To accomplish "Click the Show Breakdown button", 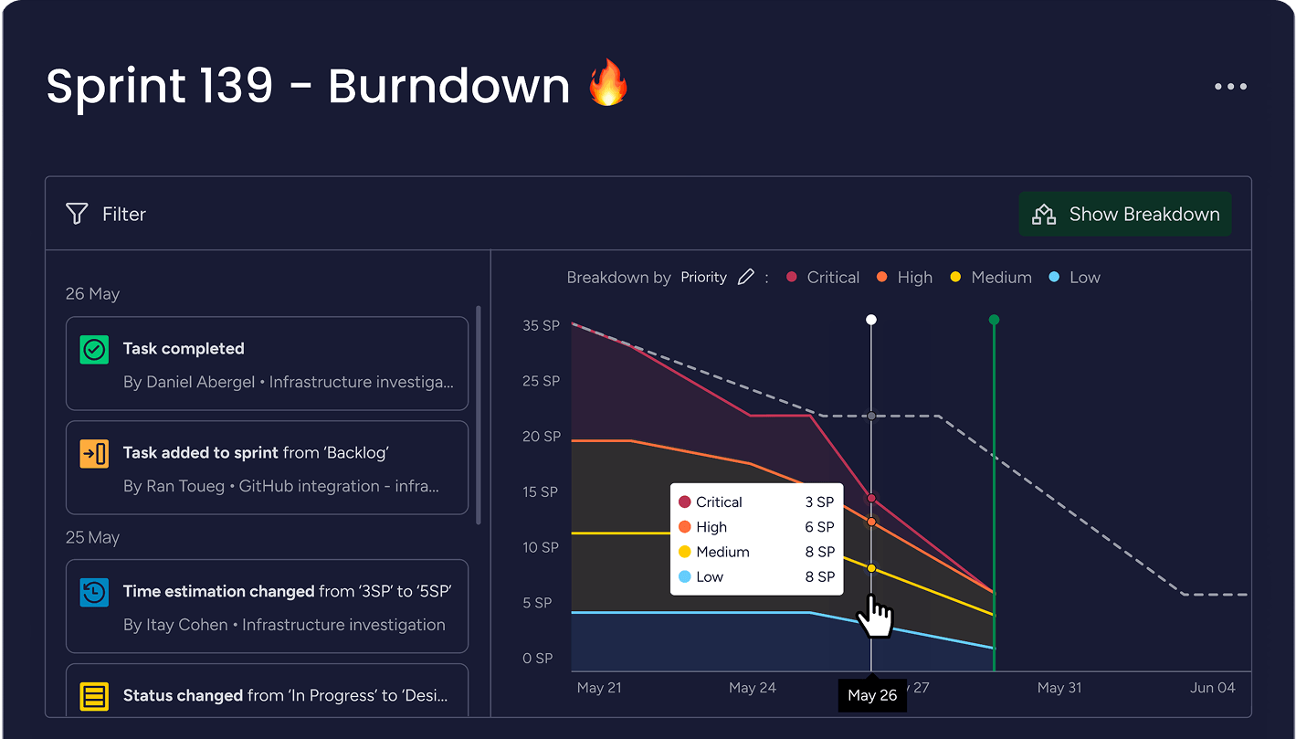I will point(1125,214).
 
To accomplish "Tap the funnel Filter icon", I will point(77,214).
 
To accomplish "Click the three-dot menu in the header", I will point(1230,87).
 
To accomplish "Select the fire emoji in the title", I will point(608,84).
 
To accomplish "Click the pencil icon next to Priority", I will point(746,277).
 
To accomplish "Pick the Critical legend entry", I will point(823,277).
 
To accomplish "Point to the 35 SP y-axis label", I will point(541,325).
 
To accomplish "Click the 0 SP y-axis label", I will point(537,658).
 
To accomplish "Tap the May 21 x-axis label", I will point(599,688).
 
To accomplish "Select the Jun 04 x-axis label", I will point(1213,688).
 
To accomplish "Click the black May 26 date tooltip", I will point(872,695).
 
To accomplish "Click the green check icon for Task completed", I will point(94,349).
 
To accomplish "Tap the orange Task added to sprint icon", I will point(94,453).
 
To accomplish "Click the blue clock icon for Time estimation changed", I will point(94,592).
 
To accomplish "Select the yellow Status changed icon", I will point(94,696).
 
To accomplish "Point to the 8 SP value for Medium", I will point(819,552).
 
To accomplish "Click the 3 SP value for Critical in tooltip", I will point(819,502).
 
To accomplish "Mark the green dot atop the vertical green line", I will point(994,320).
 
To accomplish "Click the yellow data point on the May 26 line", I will point(871,568).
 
